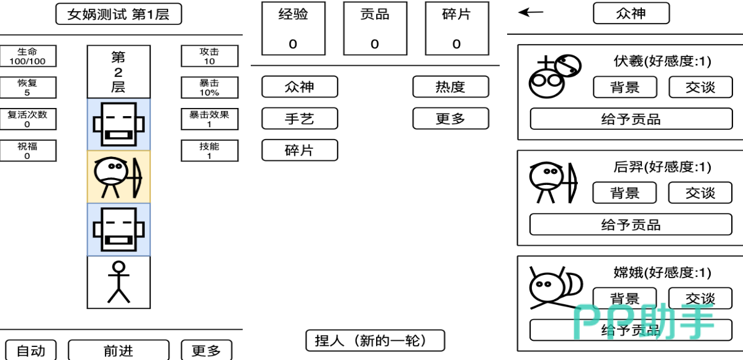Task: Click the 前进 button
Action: (118, 351)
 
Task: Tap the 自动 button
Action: (30, 351)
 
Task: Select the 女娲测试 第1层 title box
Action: (119, 14)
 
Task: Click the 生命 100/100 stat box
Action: (27, 56)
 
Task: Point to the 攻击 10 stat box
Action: (209, 56)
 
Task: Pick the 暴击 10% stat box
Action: (209, 88)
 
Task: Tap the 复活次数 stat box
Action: (27, 119)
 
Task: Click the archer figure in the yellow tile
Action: (118, 177)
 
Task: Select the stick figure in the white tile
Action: (119, 282)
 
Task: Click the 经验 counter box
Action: (293, 29)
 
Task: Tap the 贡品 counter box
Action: (375, 29)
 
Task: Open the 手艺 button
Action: (300, 119)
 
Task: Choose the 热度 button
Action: (451, 87)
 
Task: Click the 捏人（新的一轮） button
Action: (375, 341)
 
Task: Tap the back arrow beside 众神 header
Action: (531, 12)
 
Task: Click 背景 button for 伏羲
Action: (624, 88)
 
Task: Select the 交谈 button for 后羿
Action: (700, 193)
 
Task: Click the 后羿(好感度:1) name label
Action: (662, 167)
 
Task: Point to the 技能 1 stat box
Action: (209, 151)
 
